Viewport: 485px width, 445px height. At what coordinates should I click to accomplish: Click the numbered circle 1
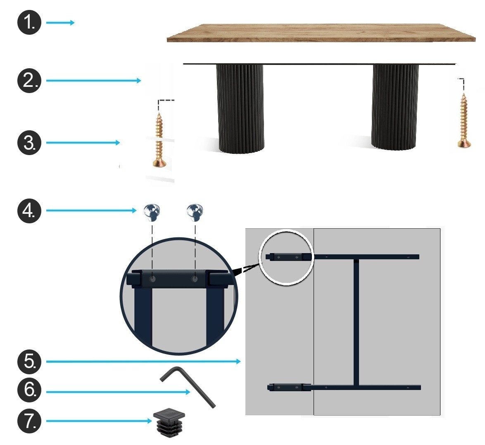tap(29, 23)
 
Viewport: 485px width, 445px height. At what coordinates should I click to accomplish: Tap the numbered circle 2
tap(29, 81)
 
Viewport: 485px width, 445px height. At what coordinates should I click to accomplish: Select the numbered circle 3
tap(29, 142)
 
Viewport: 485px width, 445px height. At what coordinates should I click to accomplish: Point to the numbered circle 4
tap(29, 211)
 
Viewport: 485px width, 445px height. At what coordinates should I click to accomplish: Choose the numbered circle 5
tap(29, 361)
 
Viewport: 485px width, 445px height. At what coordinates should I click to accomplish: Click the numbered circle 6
tap(29, 390)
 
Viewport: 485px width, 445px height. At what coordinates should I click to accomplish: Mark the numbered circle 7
tap(29, 421)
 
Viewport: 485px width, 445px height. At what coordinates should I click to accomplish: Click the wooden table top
tap(321, 33)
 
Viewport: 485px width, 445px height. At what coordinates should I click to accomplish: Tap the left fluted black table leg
tap(240, 108)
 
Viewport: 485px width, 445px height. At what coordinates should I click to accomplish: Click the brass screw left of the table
tap(159, 140)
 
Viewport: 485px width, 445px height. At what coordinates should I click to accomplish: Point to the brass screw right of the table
tap(464, 120)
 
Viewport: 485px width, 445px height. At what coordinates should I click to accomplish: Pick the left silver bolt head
tap(152, 212)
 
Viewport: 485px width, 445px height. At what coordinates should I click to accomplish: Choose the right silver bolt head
tap(195, 212)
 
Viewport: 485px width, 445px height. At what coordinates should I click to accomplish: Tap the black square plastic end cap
tap(169, 422)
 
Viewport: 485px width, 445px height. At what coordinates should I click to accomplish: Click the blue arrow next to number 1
tap(60, 23)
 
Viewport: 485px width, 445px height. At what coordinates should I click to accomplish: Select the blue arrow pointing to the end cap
tap(99, 421)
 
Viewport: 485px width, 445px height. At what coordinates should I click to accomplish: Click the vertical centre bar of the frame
tap(357, 322)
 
